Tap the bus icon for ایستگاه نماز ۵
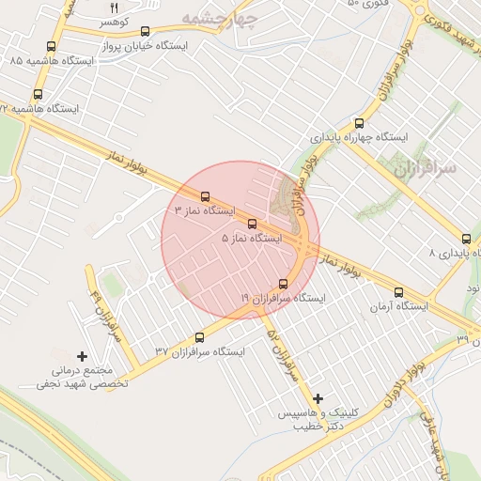click(x=251, y=224)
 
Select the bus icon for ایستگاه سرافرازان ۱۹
click(x=284, y=284)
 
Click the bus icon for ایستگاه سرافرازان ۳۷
click(x=198, y=338)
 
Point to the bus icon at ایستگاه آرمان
click(x=399, y=292)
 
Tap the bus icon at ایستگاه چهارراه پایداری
click(x=359, y=123)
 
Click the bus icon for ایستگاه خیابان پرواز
click(x=145, y=32)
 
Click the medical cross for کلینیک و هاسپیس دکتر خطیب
click(x=318, y=399)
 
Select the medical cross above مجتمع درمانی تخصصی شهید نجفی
click(x=82, y=356)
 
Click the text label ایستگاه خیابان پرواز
click(x=144, y=45)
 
